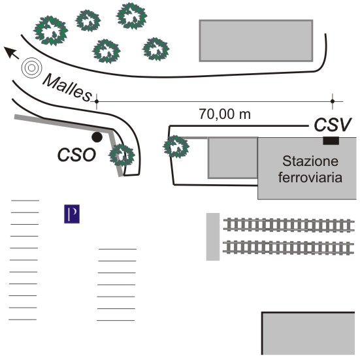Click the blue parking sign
[72, 214]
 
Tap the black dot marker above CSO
[97, 137]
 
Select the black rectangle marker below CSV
[331, 140]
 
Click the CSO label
[76, 155]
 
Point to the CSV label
[333, 125]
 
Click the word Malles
[67, 88]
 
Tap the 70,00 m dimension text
[225, 114]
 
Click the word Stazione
[310, 161]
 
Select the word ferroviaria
[310, 178]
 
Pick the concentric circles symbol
[31, 68]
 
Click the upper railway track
[289, 225]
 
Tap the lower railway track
[288, 247]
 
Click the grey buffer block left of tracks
[213, 237]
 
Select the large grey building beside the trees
[256, 41]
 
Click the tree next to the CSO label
[122, 155]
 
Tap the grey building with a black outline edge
[308, 333]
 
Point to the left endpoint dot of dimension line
[97, 101]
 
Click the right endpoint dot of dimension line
[333, 101]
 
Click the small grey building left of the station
[233, 157]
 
